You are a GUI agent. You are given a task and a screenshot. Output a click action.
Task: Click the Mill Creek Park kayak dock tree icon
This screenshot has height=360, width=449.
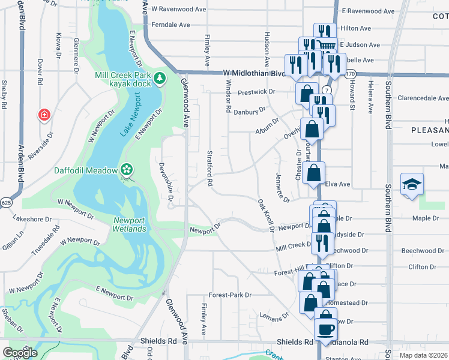tap(160, 77)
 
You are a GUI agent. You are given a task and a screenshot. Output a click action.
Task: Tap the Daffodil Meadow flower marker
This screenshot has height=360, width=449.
tap(126, 170)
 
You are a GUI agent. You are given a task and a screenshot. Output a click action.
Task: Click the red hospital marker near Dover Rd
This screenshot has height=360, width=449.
tap(43, 115)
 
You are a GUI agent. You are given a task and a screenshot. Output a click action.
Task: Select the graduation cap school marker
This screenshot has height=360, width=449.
tap(412, 184)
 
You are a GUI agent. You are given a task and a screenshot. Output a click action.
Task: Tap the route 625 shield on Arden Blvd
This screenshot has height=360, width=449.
tap(5, 203)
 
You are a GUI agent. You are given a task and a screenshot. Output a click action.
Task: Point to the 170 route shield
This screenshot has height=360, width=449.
tap(351, 73)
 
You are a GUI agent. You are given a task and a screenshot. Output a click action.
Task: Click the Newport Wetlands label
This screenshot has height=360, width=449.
tap(129, 224)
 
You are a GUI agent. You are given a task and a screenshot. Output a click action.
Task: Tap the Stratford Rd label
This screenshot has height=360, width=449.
tap(211, 169)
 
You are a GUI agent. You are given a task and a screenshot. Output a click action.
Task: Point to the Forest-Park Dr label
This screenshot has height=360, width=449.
tap(229, 295)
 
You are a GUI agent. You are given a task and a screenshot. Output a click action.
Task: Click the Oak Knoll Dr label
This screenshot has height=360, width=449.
tap(265, 215)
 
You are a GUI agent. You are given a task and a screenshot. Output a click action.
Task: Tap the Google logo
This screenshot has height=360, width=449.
tap(20, 353)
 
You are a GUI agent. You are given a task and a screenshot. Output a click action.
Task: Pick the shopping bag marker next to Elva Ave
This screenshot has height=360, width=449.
tap(315, 173)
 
